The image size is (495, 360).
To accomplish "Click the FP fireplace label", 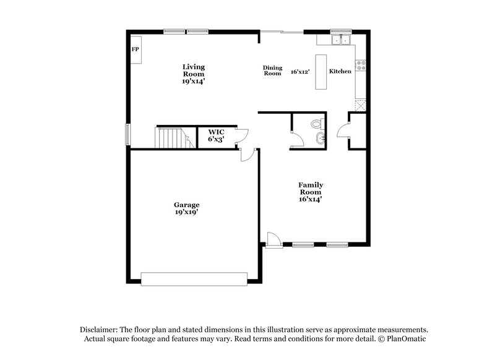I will click(x=134, y=48).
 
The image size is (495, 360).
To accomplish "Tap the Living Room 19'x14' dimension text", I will click(x=193, y=80).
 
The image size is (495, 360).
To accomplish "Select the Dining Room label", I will click(x=272, y=71).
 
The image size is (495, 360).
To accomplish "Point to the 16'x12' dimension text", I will click(x=299, y=72).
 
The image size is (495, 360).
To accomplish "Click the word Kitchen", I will click(x=340, y=72).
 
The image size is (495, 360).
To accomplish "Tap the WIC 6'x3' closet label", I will click(x=216, y=135).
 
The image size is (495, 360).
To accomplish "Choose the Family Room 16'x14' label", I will click(x=311, y=192).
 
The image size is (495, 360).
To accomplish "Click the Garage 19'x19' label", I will click(x=186, y=208).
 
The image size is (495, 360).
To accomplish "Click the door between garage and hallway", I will click(x=247, y=152).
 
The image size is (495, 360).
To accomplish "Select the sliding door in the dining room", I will click(x=282, y=31).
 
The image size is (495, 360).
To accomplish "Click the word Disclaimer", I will click(x=99, y=330).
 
